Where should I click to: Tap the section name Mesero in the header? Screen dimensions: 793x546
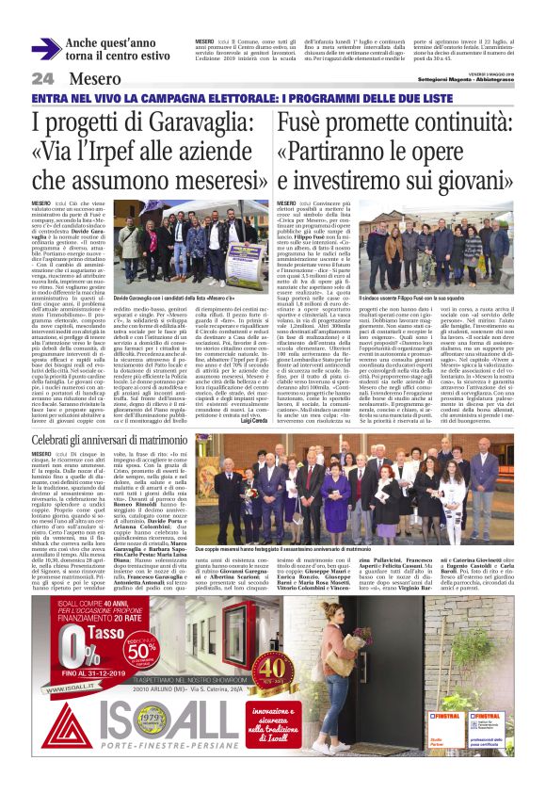95,78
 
